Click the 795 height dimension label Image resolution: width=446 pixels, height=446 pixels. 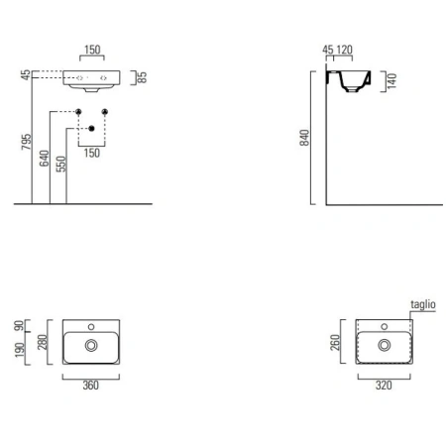[x=27, y=142]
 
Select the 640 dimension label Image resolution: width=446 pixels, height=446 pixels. [x=45, y=159]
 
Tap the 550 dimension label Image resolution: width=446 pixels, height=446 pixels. [x=61, y=164]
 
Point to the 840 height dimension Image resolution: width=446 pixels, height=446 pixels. [x=304, y=138]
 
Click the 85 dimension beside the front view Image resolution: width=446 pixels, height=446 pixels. [x=142, y=77]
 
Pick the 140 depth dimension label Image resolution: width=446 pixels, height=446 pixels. [x=391, y=81]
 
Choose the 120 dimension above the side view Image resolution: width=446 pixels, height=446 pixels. [x=344, y=50]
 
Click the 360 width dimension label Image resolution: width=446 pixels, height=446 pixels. [x=90, y=386]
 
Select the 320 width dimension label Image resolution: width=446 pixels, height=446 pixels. [x=384, y=386]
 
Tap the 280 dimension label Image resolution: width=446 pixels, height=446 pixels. [x=43, y=342]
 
